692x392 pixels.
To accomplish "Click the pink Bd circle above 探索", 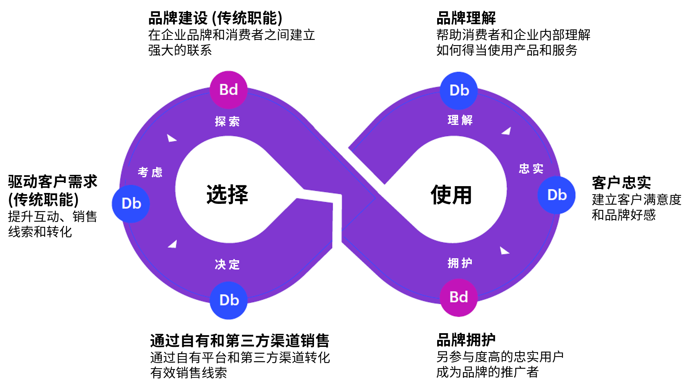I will pyautogui.click(x=228, y=90).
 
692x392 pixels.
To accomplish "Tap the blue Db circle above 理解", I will pyautogui.click(x=459, y=91).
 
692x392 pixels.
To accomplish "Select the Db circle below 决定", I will pyautogui.click(x=229, y=300).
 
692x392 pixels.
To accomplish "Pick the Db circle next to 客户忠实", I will pyautogui.click(x=557, y=195).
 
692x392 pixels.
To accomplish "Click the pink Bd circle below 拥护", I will pyautogui.click(x=459, y=297).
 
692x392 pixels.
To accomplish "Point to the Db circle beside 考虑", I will pyautogui.click(x=131, y=203).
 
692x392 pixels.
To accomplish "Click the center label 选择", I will pyautogui.click(x=227, y=195).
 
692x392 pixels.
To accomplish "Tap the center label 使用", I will pyautogui.click(x=451, y=195).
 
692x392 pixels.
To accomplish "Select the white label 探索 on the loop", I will pyautogui.click(x=227, y=121).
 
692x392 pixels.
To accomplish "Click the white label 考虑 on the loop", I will pyautogui.click(x=150, y=172).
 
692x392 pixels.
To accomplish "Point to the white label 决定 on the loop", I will pyautogui.click(x=227, y=264).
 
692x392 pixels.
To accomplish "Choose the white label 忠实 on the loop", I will pyautogui.click(x=531, y=168).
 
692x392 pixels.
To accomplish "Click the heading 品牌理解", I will pyautogui.click(x=466, y=18).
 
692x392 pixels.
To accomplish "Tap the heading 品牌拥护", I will pyautogui.click(x=466, y=340).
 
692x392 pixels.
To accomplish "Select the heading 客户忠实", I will pyautogui.click(x=621, y=183).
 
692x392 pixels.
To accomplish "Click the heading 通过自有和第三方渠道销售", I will pyautogui.click(x=240, y=341).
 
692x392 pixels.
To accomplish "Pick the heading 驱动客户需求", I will pyautogui.click(x=53, y=182).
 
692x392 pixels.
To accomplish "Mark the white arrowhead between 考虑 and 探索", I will pyautogui.click(x=171, y=139).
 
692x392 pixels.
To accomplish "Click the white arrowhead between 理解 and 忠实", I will pyautogui.click(x=507, y=131).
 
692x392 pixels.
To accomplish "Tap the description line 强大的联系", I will pyautogui.click(x=180, y=50).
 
